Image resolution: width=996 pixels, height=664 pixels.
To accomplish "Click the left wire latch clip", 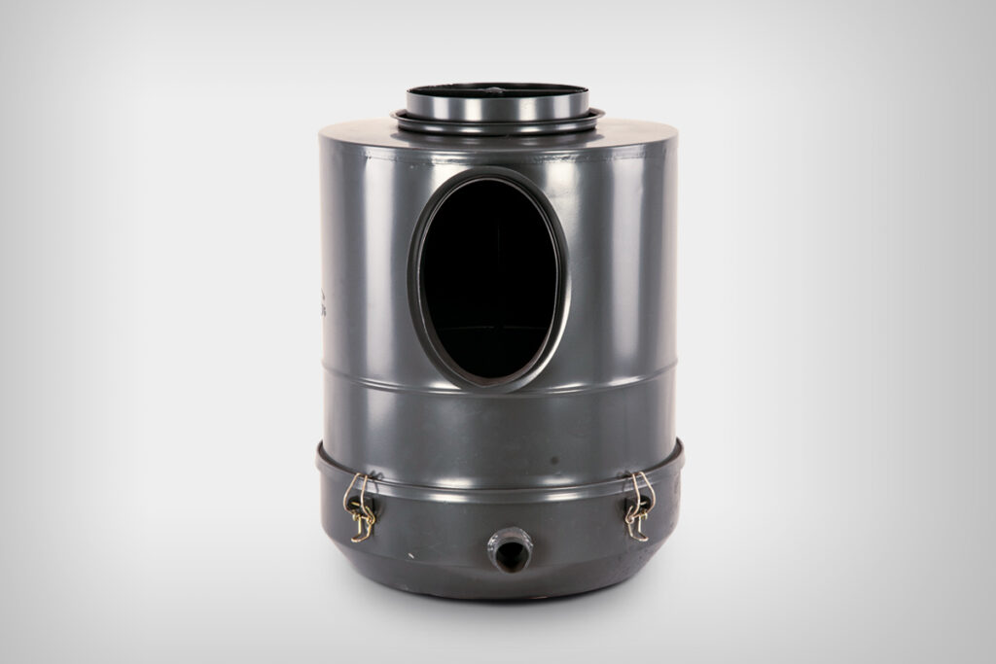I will [359, 506].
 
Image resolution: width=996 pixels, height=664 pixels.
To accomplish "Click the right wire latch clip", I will [638, 506].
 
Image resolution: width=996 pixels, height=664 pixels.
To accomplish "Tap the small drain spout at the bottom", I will [509, 549].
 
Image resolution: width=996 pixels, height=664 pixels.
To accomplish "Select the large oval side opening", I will [490, 278].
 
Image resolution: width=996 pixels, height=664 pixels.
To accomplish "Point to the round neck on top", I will [497, 101].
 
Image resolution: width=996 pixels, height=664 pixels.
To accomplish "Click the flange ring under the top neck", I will [497, 122].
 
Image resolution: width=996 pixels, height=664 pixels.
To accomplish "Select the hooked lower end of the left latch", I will [362, 531].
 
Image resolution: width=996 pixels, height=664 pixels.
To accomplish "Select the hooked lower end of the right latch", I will [635, 531].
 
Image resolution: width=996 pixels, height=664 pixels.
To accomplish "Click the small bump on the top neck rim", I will [497, 89].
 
